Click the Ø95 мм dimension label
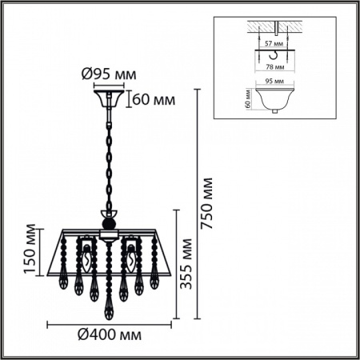click(109, 74)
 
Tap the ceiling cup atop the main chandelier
click(109, 99)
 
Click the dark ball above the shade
click(108, 224)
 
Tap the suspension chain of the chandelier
click(108, 160)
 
